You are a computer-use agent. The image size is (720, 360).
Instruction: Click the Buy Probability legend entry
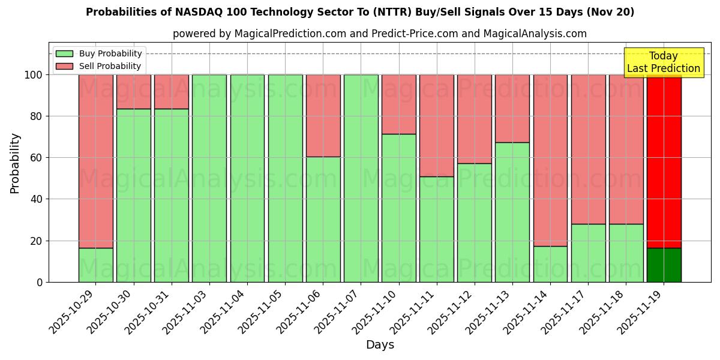pyautogui.click(x=98, y=53)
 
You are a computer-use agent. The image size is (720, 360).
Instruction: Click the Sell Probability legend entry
pyautogui.click(x=98, y=66)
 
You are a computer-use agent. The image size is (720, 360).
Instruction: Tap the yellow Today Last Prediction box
pyautogui.click(x=663, y=62)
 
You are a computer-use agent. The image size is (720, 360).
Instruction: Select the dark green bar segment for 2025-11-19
pyautogui.click(x=664, y=265)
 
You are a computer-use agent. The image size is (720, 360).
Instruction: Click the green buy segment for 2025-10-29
pyautogui.click(x=95, y=265)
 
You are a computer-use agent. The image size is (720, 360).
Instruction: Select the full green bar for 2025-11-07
pyautogui.click(x=361, y=178)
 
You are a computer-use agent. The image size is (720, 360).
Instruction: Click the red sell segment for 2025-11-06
pyautogui.click(x=323, y=116)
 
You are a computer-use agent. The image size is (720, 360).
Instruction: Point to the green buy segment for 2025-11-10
pyautogui.click(x=398, y=208)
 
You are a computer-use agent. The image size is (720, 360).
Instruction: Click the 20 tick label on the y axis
pyautogui.click(x=35, y=241)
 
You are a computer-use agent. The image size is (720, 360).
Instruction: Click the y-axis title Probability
pyautogui.click(x=15, y=163)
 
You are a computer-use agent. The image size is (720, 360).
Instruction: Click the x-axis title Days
pyautogui.click(x=380, y=345)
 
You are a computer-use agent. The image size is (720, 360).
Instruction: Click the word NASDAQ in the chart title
pyautogui.click(x=194, y=12)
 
